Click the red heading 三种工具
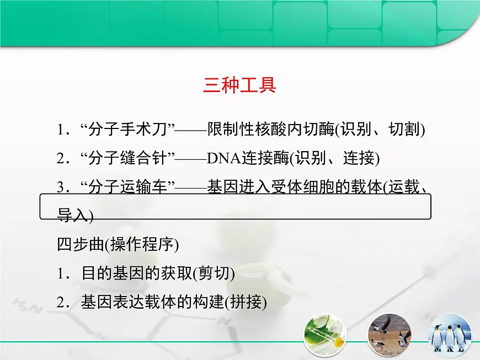(239, 86)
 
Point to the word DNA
(221, 159)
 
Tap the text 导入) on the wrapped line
(75, 216)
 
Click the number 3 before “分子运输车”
(60, 187)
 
